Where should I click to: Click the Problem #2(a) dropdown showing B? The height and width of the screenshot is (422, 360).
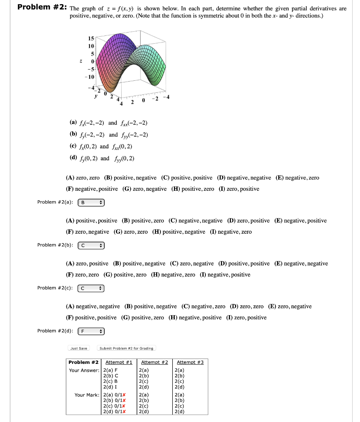pyautogui.click(x=92, y=202)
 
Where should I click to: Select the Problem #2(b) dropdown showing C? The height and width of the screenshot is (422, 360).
pyautogui.click(x=92, y=245)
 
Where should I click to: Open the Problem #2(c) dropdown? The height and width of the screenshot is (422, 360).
pyautogui.click(x=92, y=288)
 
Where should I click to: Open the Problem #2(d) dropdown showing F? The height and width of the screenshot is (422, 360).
pyautogui.click(x=92, y=331)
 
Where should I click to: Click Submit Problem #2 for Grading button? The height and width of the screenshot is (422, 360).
pyautogui.click(x=126, y=348)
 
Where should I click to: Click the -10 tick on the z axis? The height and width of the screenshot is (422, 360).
pyautogui.click(x=91, y=77)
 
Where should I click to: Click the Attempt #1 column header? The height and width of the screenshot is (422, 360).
pyautogui.click(x=119, y=362)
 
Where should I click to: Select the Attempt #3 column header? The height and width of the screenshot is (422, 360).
pyautogui.click(x=190, y=362)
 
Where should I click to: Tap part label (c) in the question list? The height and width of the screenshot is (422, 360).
pyautogui.click(x=73, y=146)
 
